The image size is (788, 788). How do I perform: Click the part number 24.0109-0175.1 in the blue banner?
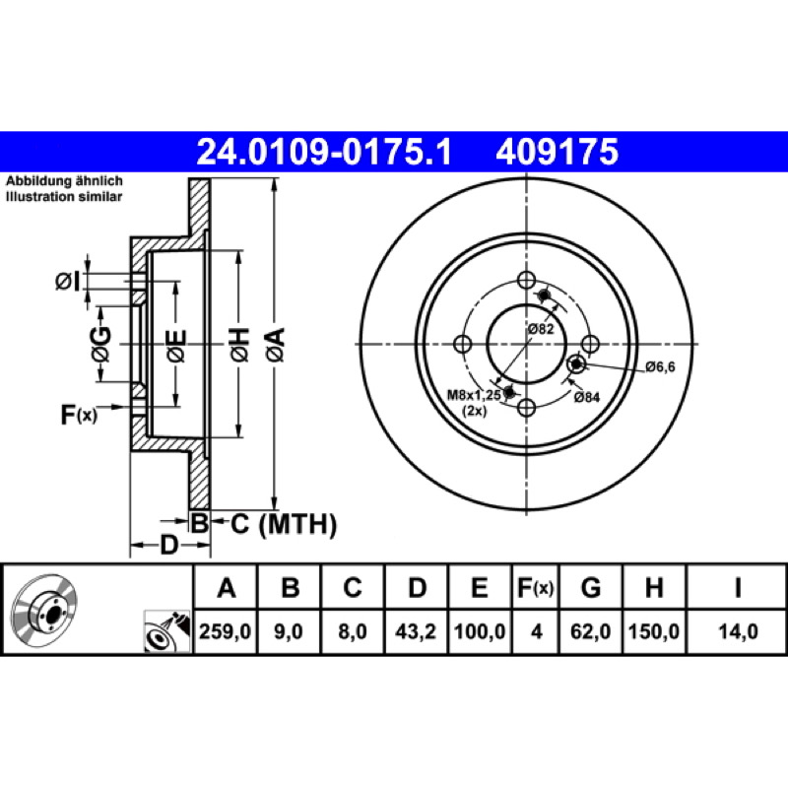[325, 152]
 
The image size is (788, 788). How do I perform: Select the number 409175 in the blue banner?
[557, 152]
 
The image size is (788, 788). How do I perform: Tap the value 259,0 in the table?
[226, 631]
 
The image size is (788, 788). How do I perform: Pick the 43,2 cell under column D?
[416, 631]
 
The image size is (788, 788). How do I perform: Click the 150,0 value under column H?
[654, 631]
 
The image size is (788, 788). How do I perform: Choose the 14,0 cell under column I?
[738, 631]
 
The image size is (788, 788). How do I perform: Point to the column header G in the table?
[591, 587]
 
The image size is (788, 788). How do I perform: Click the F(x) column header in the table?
[536, 587]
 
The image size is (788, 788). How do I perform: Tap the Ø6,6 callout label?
[660, 366]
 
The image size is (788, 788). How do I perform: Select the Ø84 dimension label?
[586, 397]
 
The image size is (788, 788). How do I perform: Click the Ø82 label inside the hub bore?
[540, 329]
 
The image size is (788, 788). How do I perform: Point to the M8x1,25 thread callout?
[474, 395]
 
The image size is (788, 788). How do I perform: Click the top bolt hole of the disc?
[526, 280]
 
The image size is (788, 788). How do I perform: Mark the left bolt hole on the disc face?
[462, 344]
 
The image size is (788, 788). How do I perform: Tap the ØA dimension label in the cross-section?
[276, 345]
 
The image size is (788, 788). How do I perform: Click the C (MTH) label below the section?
[284, 524]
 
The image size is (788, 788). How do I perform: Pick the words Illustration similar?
[64, 196]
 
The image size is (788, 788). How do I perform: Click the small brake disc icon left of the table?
[44, 608]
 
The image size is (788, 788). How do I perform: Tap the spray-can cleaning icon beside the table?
[167, 631]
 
